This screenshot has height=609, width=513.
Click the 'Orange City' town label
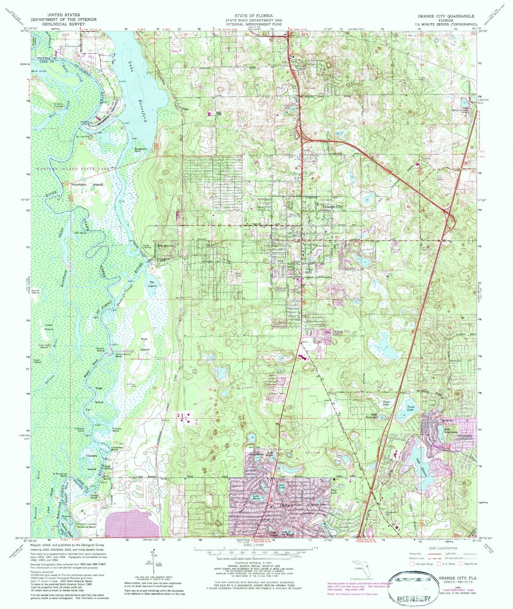(332, 207)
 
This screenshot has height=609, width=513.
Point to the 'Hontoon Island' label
(87, 185)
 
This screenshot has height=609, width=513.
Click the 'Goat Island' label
(99, 395)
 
